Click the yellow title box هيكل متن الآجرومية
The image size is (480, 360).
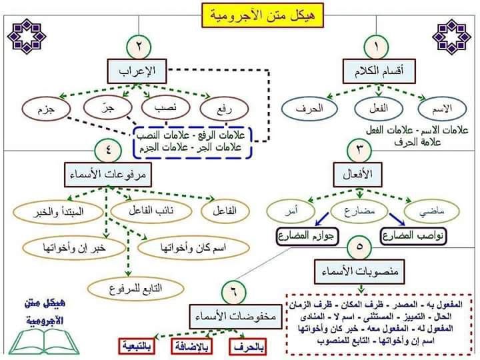pos(245,14)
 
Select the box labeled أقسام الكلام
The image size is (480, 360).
pos(376,70)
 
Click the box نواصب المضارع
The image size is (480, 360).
pos(414,235)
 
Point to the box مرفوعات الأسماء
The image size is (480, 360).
pos(107,175)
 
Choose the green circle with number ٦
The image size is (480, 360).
pos(233,291)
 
